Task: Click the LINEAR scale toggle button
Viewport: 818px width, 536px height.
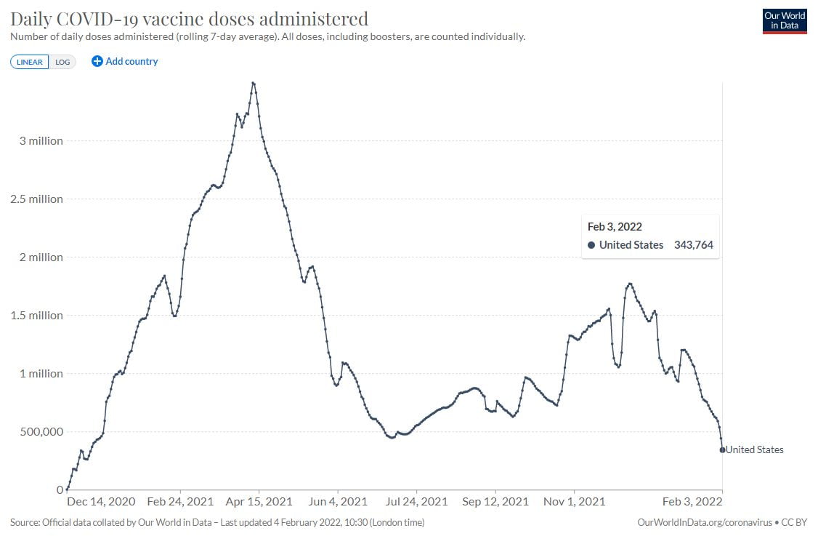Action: coord(30,62)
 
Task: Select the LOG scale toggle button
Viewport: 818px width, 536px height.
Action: coord(62,62)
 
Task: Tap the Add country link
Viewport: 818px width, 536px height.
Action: coord(125,62)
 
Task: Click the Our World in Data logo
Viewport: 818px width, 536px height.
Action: coord(785,20)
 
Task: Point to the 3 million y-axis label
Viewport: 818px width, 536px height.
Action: coord(41,140)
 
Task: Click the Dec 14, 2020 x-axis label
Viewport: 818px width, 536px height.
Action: coord(101,502)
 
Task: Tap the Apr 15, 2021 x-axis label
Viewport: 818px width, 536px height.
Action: coord(259,502)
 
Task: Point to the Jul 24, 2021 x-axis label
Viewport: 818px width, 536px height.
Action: coord(416,502)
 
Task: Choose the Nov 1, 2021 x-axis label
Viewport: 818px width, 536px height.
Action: coord(574,502)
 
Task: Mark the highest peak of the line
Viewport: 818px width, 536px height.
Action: coord(253,83)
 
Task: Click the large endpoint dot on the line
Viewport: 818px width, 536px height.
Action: coord(722,449)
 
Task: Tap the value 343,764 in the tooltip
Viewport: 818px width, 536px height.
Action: coord(693,245)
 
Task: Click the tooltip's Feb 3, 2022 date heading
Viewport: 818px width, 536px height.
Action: coord(615,227)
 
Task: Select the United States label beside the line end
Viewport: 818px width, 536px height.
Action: coord(755,449)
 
